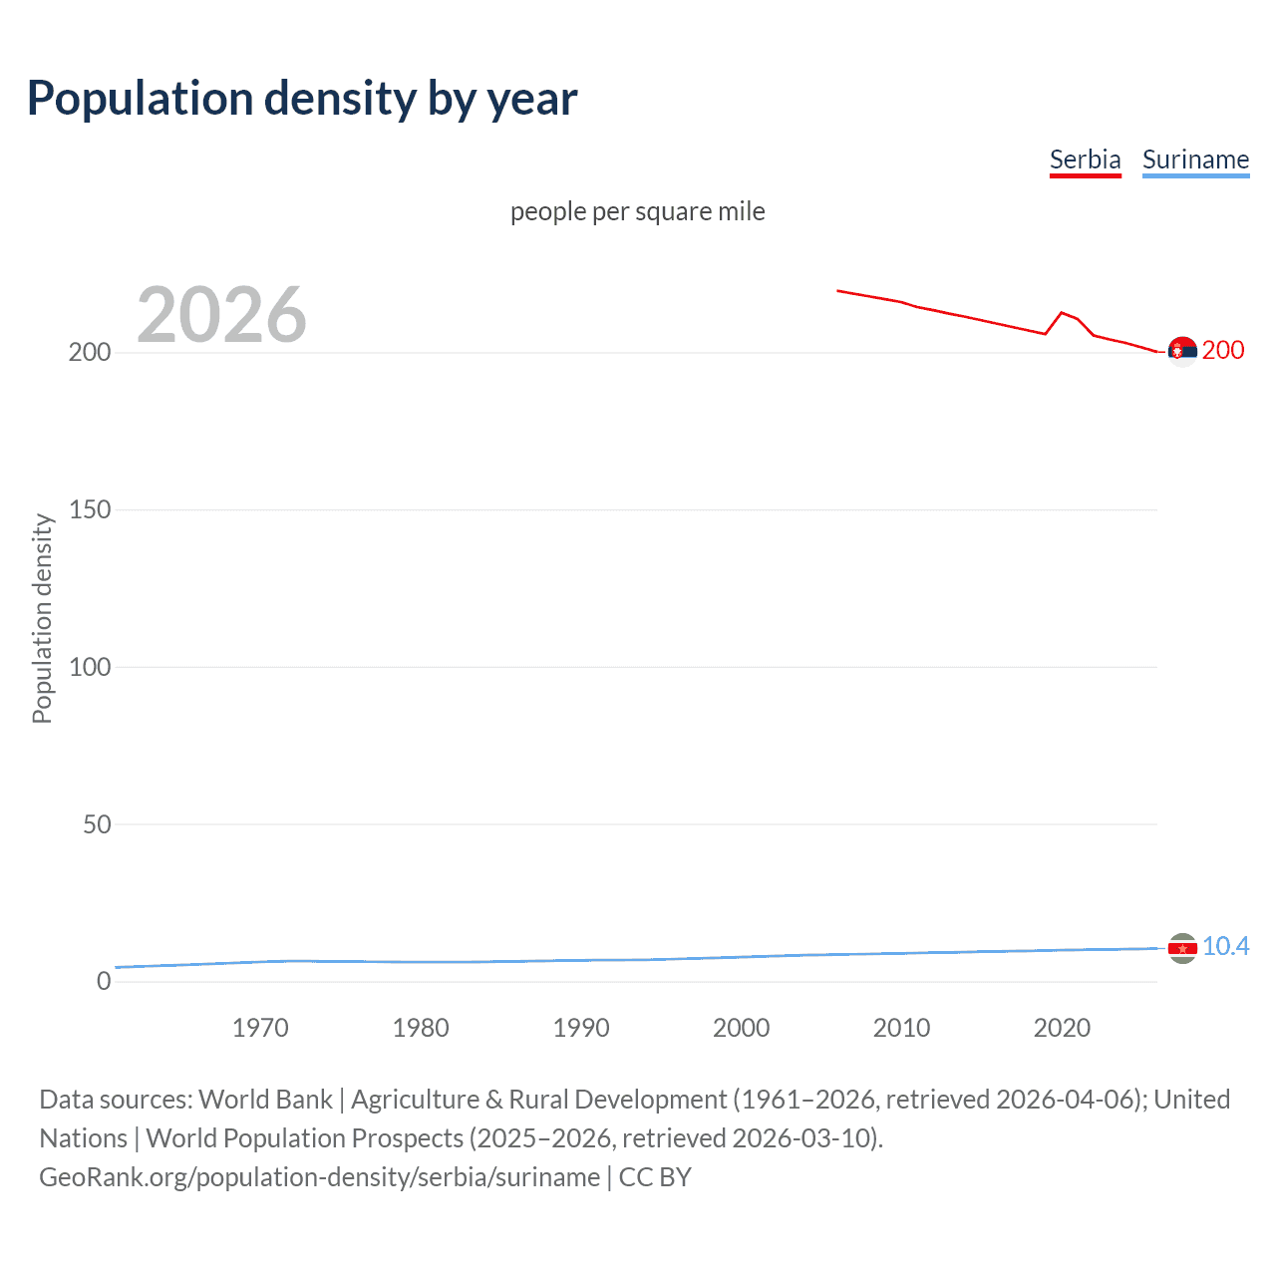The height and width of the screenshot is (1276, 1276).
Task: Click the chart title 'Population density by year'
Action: click(x=302, y=99)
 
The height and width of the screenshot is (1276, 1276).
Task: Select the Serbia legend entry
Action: click(x=1085, y=159)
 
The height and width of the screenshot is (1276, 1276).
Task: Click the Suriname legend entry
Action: click(x=1195, y=159)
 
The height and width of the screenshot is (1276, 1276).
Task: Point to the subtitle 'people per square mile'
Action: click(x=637, y=211)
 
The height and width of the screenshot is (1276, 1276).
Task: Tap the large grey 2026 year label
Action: click(x=221, y=315)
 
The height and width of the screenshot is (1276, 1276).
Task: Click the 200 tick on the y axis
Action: click(x=90, y=353)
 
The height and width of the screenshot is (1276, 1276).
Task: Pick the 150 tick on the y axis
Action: click(x=90, y=509)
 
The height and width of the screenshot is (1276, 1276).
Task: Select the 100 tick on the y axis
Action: click(x=90, y=667)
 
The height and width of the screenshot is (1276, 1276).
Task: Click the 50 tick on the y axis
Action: click(x=97, y=824)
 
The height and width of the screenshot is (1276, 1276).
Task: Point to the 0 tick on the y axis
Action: click(x=104, y=981)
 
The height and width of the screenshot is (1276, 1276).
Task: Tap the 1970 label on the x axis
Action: click(x=260, y=1028)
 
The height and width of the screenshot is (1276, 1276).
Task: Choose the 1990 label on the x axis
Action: click(x=581, y=1028)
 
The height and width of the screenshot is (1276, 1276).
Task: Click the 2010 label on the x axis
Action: click(x=901, y=1028)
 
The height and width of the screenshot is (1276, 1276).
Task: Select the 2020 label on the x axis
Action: click(x=1062, y=1028)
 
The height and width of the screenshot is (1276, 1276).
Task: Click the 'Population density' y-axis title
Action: click(x=42, y=618)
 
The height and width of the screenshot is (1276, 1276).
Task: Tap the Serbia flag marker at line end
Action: click(x=1182, y=352)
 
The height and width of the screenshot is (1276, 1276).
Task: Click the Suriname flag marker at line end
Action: click(x=1182, y=948)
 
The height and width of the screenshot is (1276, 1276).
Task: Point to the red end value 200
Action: click(x=1223, y=350)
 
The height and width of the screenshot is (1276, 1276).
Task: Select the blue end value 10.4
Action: click(x=1225, y=946)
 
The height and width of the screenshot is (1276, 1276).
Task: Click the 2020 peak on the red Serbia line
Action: click(x=1062, y=312)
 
